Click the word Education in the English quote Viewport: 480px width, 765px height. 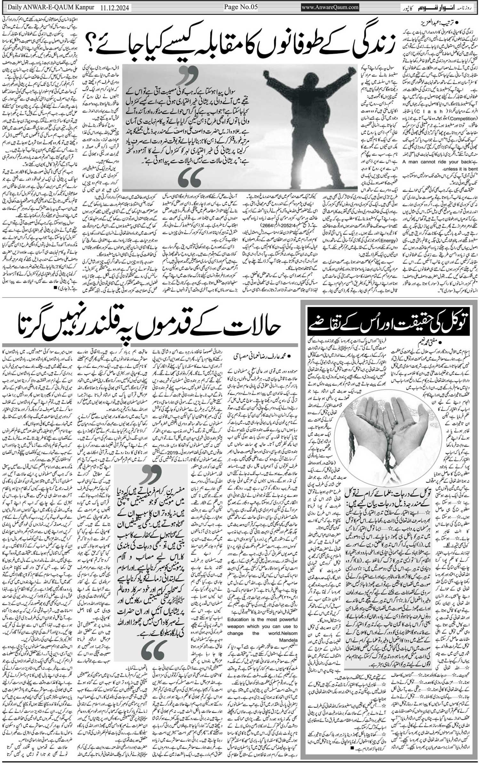[240, 619]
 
